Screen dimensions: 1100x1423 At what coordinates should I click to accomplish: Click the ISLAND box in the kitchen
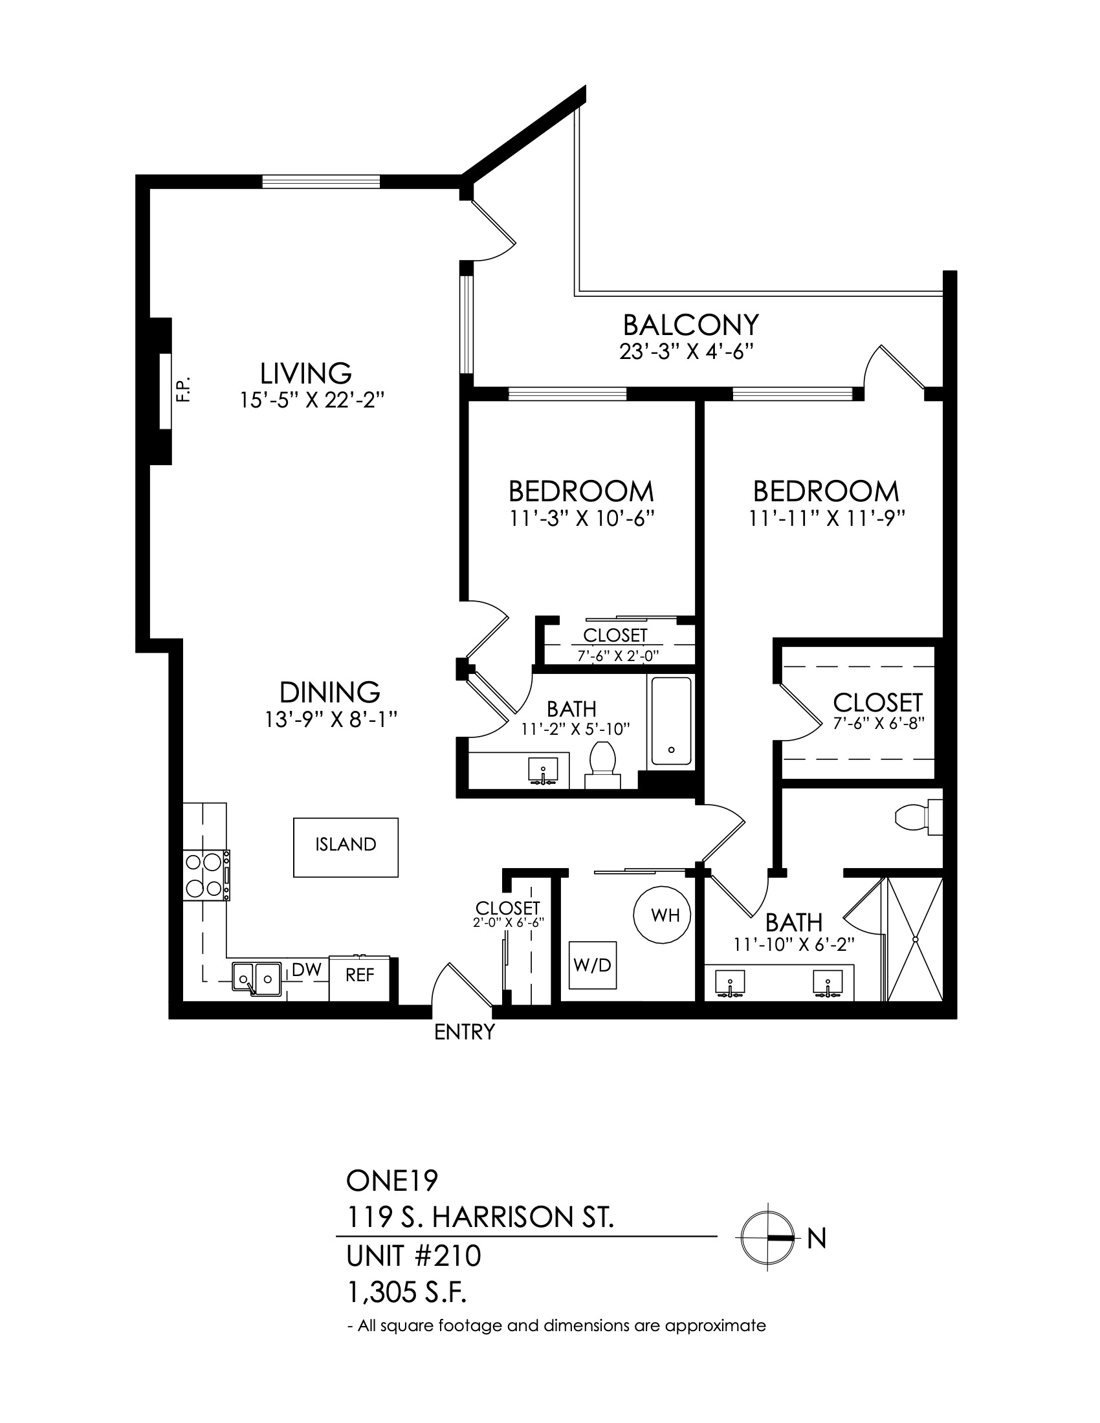click(346, 847)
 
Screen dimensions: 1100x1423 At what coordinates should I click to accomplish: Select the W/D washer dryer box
click(592, 964)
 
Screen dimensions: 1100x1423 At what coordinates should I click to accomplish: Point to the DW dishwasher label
click(306, 970)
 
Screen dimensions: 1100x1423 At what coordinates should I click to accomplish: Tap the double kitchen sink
click(258, 978)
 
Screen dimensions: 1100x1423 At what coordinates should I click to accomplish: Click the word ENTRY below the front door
click(465, 1032)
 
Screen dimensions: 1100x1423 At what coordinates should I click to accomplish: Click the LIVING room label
click(305, 373)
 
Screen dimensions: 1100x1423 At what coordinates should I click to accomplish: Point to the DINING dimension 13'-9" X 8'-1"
click(331, 719)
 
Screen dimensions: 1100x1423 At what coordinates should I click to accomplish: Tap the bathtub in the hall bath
click(671, 722)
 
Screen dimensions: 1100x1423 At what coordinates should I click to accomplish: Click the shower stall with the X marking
click(915, 939)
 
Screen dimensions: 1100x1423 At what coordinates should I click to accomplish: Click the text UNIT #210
click(413, 1255)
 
